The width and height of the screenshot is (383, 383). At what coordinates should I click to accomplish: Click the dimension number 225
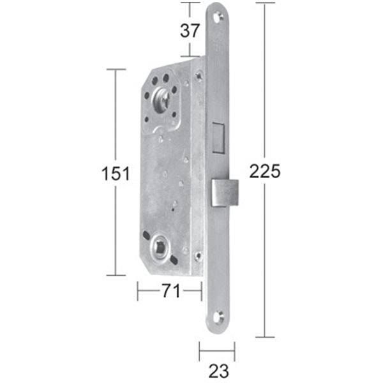pos(265,171)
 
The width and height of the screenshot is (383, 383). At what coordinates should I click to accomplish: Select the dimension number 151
pos(116,173)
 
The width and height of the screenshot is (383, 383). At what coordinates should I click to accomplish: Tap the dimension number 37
pos(190,30)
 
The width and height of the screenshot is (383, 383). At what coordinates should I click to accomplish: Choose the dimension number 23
pos(218,370)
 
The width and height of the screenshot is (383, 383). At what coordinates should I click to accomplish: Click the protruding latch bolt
pos(224,193)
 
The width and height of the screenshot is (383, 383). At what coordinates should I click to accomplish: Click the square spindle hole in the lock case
pos(160,247)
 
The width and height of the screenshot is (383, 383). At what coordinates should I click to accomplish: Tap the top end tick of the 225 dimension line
pos(265,3)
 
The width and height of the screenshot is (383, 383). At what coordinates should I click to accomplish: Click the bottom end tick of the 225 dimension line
pos(265,337)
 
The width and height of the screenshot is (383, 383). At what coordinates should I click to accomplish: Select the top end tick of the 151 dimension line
pos(116,69)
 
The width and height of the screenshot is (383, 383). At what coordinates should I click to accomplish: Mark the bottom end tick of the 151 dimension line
pos(116,275)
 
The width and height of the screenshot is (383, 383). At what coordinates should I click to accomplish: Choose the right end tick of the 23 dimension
pos(234,350)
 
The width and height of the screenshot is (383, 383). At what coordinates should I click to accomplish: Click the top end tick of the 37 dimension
pos(190,3)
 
